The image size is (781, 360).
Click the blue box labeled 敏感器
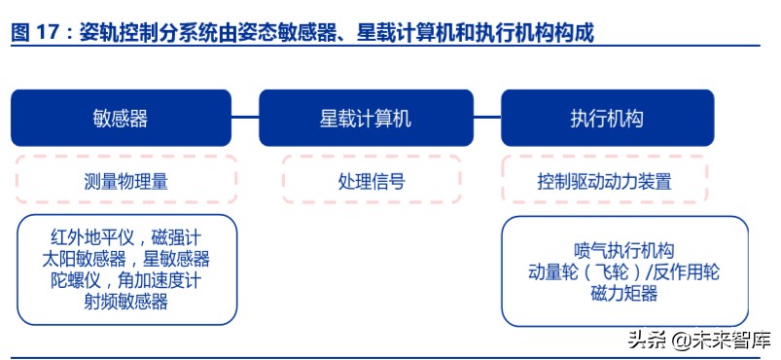121,118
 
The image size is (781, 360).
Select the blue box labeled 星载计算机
366,118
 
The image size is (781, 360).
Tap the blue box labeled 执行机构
607,118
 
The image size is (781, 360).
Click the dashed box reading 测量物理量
125,181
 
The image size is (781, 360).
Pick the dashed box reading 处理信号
371,181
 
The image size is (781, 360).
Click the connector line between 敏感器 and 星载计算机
245,118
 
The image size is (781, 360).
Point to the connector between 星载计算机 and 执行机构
487,118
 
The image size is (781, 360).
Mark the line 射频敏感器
125,302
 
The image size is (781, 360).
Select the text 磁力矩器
623,295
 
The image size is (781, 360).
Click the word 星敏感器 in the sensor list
176,260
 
